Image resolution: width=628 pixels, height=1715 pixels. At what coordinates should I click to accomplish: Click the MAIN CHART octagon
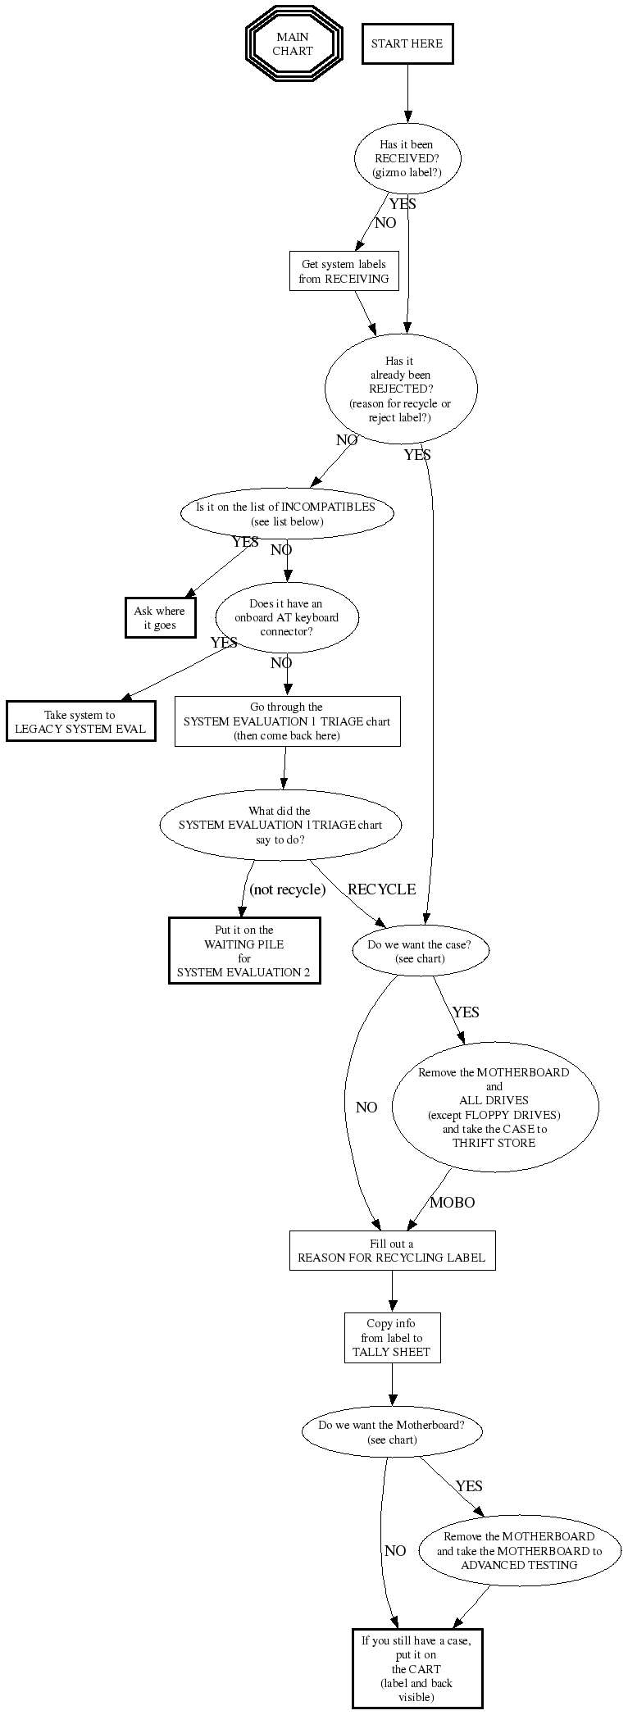click(x=293, y=44)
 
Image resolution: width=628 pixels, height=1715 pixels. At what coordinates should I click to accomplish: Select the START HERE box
click(x=407, y=44)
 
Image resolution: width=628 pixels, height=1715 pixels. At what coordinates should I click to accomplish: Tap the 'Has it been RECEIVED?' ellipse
click(x=407, y=158)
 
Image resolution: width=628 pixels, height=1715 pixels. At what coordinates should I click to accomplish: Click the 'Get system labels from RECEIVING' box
click(x=344, y=271)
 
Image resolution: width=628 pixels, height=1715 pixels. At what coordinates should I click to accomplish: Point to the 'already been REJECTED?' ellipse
click(x=401, y=389)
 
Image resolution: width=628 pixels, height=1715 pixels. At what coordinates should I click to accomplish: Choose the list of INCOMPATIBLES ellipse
click(x=286, y=514)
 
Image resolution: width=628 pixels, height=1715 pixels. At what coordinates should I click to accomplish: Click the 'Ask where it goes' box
click(x=160, y=618)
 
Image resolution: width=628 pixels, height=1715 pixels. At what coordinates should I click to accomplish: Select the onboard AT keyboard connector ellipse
click(x=287, y=617)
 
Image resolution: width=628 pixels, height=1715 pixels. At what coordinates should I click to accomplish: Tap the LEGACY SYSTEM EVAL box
click(x=80, y=721)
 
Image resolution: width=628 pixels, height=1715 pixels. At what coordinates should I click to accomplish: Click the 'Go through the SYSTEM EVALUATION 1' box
click(x=287, y=721)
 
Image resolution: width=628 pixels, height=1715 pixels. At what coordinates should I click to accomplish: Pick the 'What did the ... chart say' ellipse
click(x=280, y=825)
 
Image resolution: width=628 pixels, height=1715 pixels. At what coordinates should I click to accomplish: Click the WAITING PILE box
click(x=244, y=951)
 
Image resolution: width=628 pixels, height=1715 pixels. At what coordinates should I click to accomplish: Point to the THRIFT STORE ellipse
click(x=494, y=1107)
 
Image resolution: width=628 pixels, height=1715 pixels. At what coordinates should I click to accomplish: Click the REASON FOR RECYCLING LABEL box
click(x=392, y=1250)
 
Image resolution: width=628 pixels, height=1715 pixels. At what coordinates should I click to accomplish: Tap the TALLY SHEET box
click(x=392, y=1338)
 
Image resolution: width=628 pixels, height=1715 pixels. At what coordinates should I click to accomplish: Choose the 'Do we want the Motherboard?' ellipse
click(x=392, y=1431)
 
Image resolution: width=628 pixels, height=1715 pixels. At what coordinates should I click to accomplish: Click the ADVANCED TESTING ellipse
click(x=519, y=1550)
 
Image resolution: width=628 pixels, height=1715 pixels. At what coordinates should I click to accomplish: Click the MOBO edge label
click(x=452, y=1203)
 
